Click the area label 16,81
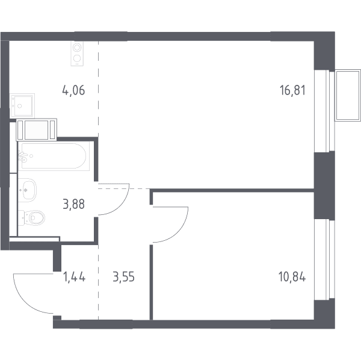pyautogui.click(x=292, y=90)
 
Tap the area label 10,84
pyautogui.click(x=292, y=277)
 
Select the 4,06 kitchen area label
pyautogui.click(x=73, y=90)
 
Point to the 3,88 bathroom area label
pyautogui.click(x=73, y=204)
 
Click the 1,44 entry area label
pyautogui.click(x=74, y=277)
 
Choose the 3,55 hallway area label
pyautogui.click(x=123, y=277)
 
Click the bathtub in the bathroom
pyautogui.click(x=54, y=156)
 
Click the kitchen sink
pyautogui.click(x=22, y=105)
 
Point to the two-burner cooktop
pyautogui.click(x=77, y=53)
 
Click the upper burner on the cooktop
pyautogui.click(x=77, y=48)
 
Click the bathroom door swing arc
pyautogui.click(x=120, y=206)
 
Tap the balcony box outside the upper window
pyautogui.click(x=348, y=95)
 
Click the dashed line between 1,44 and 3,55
pyautogui.click(x=98, y=282)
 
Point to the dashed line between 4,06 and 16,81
pyautogui.click(x=98, y=88)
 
